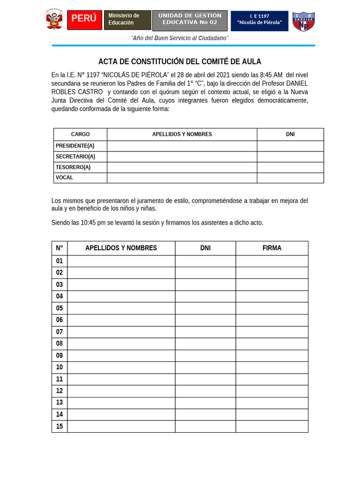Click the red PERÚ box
(84, 20)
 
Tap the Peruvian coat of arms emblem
(54, 20)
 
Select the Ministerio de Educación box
(127, 20)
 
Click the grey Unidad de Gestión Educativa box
(189, 21)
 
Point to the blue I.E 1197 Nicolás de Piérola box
(259, 21)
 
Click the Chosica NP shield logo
(303, 21)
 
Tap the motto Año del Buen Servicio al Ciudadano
(180, 38)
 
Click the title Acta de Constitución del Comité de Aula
(180, 61)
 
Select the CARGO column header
(80, 135)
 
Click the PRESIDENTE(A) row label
(75, 146)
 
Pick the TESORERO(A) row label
(73, 167)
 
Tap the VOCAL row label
(64, 178)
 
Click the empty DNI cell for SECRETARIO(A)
(290, 157)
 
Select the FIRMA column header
(272, 248)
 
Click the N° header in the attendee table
(60, 248)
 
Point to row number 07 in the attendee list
(60, 332)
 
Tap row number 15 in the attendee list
(60, 426)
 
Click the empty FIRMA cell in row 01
(272, 261)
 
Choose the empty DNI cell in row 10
(205, 367)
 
